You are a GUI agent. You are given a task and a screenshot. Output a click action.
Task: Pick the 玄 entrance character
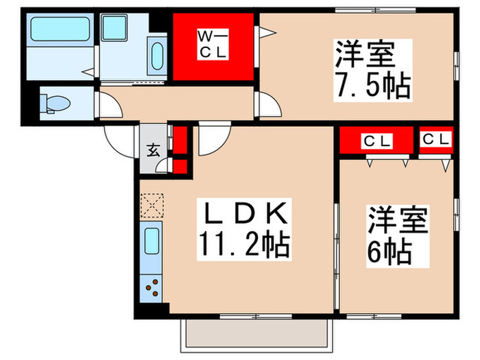click(154, 149)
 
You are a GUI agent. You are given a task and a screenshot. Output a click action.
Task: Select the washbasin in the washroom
click(156, 54)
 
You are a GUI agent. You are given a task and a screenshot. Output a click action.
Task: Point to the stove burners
click(153, 285)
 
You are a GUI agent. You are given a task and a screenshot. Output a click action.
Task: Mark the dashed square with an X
click(152, 204)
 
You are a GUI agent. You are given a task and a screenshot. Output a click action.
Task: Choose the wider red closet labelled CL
click(376, 142)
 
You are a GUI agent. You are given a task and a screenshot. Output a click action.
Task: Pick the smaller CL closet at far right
click(437, 139)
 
